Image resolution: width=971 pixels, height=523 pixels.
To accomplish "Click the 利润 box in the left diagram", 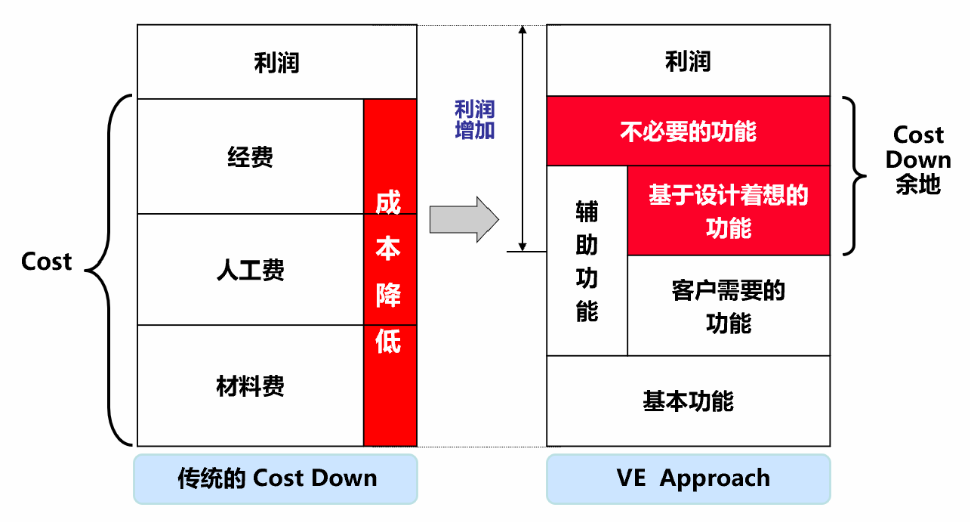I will pyautogui.click(x=276, y=62).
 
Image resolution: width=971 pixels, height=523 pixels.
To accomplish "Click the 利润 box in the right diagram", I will pyautogui.click(x=687, y=60).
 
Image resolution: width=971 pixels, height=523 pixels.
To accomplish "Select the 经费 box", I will pyautogui.click(x=250, y=156).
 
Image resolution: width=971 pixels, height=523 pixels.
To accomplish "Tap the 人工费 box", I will pyautogui.click(x=250, y=270).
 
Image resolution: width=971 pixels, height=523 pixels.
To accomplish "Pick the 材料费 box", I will pyautogui.click(x=250, y=386).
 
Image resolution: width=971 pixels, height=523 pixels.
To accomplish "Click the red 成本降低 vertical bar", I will pyautogui.click(x=390, y=272).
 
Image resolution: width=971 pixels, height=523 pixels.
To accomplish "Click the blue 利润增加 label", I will pyautogui.click(x=474, y=119).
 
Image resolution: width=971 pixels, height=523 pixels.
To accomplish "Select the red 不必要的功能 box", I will pyautogui.click(x=687, y=132).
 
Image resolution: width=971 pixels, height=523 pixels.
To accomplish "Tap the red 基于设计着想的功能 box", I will pyautogui.click(x=728, y=211).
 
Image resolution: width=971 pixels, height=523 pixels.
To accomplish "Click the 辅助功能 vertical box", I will pyautogui.click(x=587, y=261).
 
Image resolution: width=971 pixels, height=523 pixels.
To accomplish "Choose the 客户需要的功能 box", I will pyautogui.click(x=728, y=306).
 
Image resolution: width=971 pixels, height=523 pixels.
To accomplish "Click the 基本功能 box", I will pyautogui.click(x=687, y=401).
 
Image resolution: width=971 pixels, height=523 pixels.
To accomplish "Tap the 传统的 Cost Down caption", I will pyautogui.click(x=276, y=478).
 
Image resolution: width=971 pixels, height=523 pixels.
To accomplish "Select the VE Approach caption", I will pyautogui.click(x=688, y=478).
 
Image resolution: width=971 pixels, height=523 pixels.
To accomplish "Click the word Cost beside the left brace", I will pyautogui.click(x=46, y=261).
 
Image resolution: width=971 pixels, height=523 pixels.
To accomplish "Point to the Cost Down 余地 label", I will pyautogui.click(x=918, y=159).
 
